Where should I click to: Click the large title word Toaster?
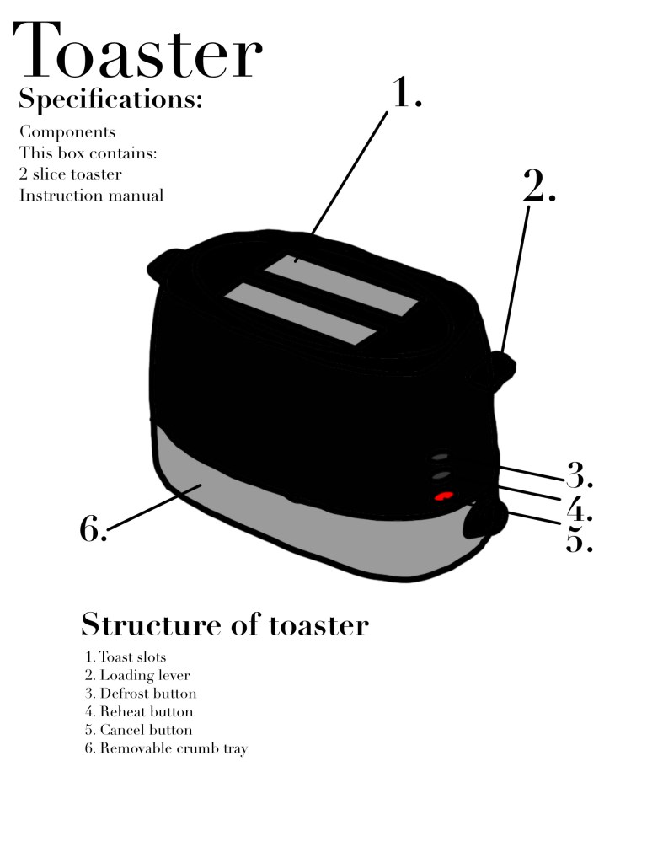[137, 52]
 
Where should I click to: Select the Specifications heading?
[110, 99]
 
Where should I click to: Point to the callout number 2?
[539, 187]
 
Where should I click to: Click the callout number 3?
[579, 476]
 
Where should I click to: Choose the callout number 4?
[579, 508]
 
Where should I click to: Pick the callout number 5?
[579, 539]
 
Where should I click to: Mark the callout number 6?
[93, 529]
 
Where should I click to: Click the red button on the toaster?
[444, 497]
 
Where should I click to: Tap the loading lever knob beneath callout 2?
[502, 367]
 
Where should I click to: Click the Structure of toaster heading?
[224, 625]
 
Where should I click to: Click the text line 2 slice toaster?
[71, 174]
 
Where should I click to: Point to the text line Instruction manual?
[91, 196]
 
